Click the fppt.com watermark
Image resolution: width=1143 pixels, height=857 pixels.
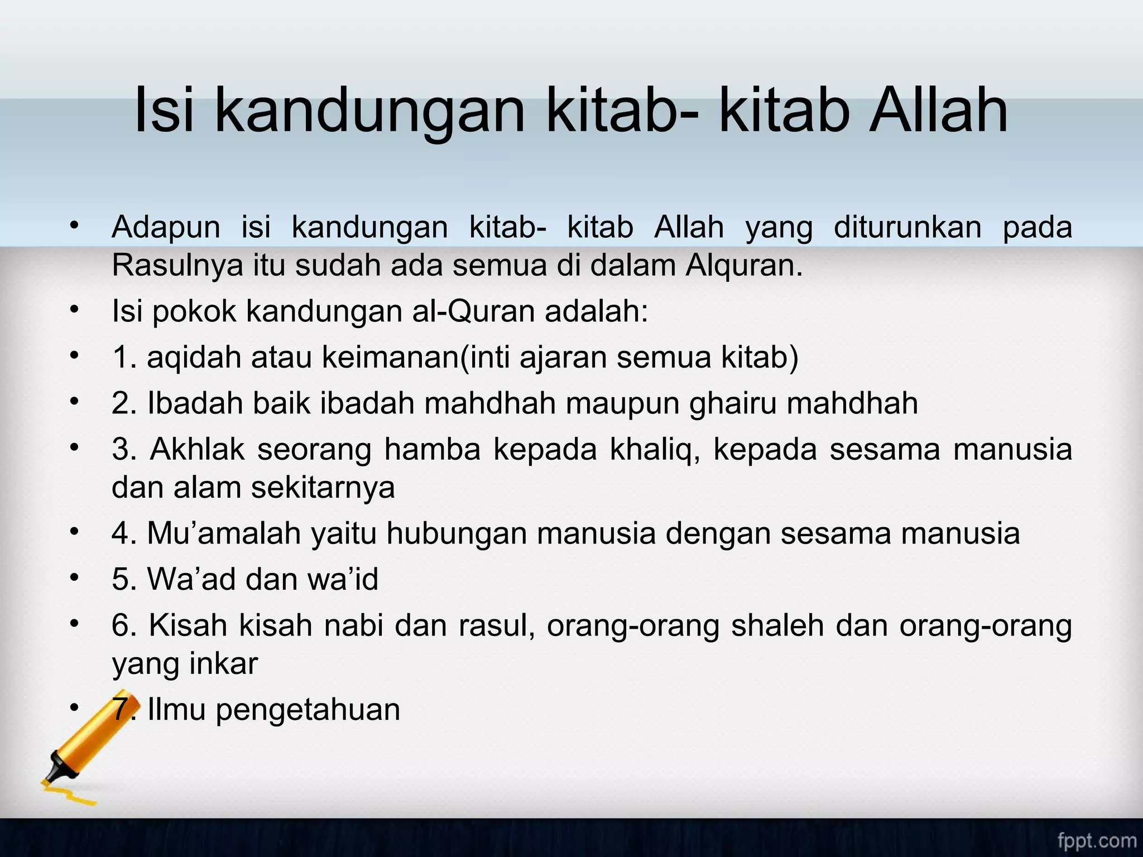pos(1097,840)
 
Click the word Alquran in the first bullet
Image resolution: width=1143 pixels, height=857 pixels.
pos(743,266)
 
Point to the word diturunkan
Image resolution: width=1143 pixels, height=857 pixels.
pos(907,228)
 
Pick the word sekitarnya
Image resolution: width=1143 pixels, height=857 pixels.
pos(323,488)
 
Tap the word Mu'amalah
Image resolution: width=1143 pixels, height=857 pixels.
pos(224,533)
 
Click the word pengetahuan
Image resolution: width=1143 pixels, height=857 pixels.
pos(308,710)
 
